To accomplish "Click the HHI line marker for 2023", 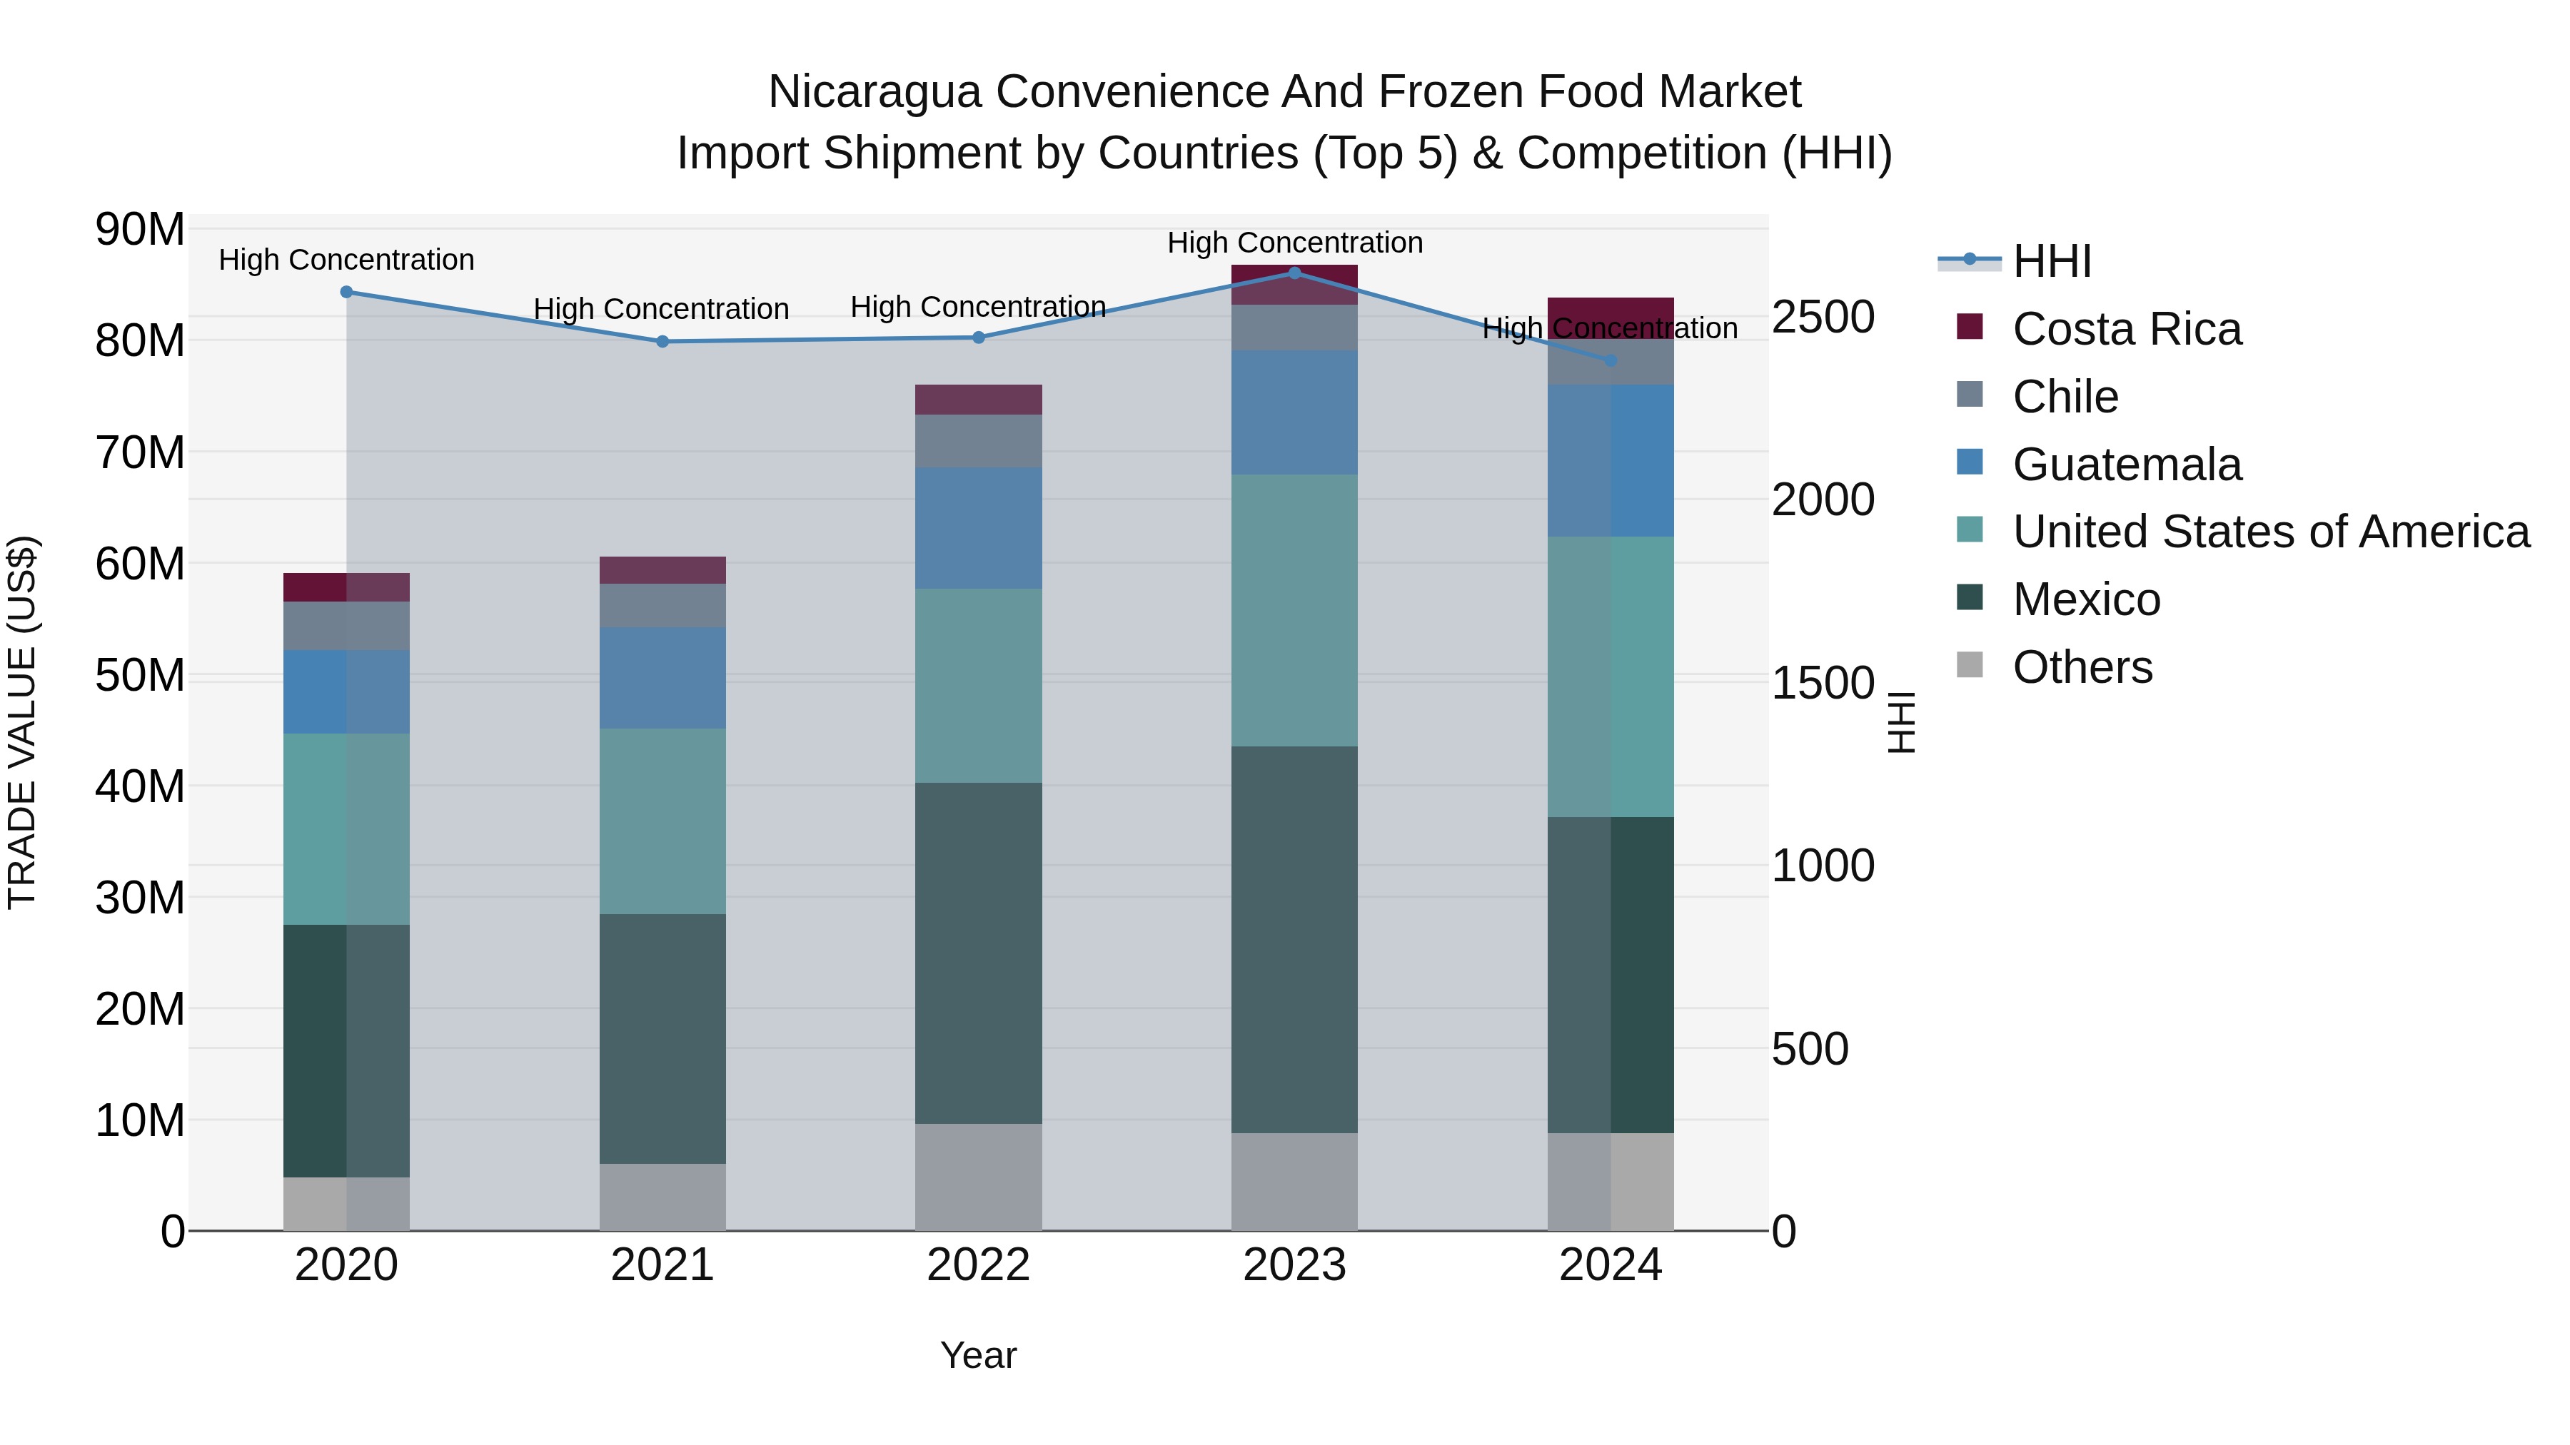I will (x=1294, y=273).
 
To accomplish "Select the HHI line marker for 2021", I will (x=662, y=341).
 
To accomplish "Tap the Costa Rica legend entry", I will (x=2126, y=329).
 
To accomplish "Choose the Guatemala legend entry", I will (x=2126, y=465).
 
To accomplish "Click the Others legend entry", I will (x=2082, y=667).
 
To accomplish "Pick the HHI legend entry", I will (x=2051, y=261).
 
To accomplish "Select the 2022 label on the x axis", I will (x=978, y=1265).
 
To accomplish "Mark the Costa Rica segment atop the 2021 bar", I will (x=662, y=569).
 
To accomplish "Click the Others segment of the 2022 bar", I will (x=978, y=1177).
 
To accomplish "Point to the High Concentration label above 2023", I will (x=1294, y=243).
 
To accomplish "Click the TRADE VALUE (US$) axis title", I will (x=22, y=722).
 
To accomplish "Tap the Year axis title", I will (x=978, y=1355).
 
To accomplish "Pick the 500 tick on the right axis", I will (x=1810, y=1049).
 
